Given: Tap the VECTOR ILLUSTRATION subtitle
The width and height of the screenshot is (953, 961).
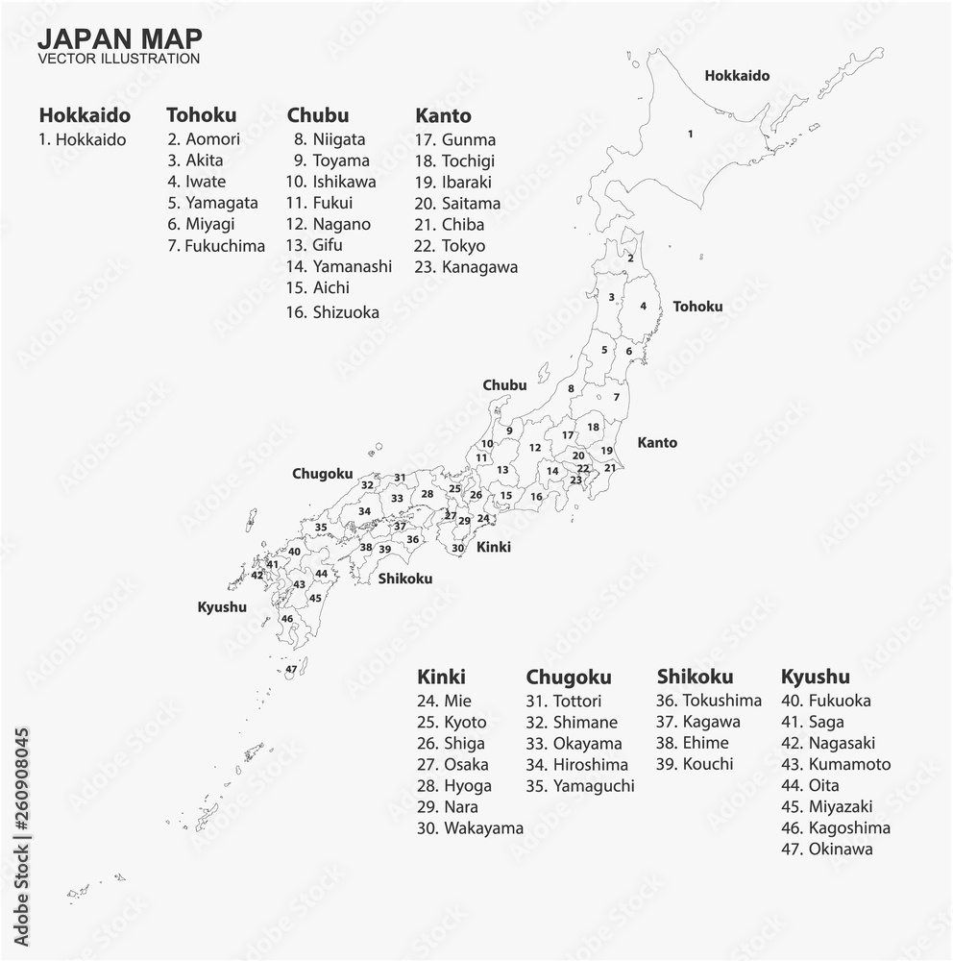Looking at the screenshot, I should [119, 58].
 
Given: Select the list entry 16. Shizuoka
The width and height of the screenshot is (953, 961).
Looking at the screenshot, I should [332, 312].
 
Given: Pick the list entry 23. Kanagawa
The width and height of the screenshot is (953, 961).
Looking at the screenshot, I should [467, 267].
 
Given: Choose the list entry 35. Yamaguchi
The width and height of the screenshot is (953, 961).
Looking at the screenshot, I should [580, 786].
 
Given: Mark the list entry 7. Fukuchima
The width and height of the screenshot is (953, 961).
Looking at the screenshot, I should [216, 246].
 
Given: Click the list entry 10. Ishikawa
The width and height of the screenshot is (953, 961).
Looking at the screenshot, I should [330, 182].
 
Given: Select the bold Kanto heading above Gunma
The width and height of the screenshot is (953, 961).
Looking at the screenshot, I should [443, 116].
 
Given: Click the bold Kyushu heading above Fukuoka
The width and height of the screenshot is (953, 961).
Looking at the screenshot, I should [816, 678].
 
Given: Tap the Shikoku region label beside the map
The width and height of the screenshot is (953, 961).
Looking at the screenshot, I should [404, 579].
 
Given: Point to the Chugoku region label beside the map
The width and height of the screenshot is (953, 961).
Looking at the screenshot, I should [322, 474].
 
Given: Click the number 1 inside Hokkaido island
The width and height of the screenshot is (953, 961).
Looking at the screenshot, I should [690, 134].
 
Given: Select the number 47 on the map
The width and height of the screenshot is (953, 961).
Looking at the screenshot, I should [291, 669].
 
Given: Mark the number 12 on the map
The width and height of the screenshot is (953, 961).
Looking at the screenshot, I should [535, 448].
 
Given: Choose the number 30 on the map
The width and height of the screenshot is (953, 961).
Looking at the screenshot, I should [458, 549].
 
